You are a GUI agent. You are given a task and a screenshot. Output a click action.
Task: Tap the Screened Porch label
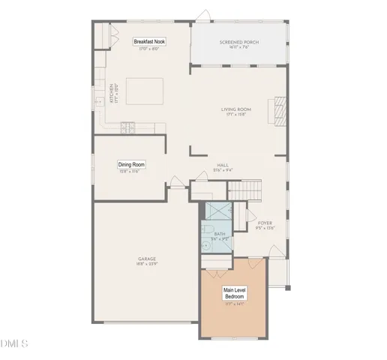tap(239, 43)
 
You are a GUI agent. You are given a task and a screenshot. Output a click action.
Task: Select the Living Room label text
tap(235, 109)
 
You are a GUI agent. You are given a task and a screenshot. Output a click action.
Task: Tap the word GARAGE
tap(146, 259)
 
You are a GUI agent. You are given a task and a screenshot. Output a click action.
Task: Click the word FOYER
tap(265, 223)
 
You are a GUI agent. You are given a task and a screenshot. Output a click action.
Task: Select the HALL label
tap(223, 166)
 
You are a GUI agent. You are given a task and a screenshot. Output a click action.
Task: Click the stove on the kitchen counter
tap(127, 127)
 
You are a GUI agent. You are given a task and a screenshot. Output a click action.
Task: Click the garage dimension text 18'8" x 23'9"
tap(146, 264)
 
